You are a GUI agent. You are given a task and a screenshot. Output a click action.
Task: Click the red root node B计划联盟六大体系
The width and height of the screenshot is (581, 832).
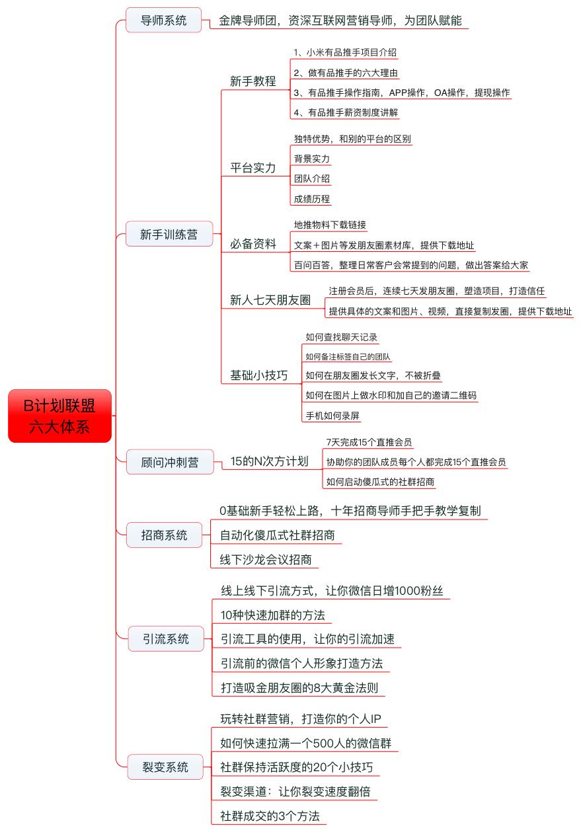click(x=59, y=416)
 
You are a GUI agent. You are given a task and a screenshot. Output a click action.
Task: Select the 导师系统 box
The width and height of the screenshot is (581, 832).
click(x=164, y=20)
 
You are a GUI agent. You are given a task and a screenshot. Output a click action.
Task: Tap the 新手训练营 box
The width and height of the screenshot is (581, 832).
click(x=169, y=234)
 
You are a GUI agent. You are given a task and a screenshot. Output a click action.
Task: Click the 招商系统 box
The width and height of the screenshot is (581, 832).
click(x=164, y=535)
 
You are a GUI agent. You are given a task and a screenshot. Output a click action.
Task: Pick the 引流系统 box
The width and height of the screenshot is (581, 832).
click(x=166, y=638)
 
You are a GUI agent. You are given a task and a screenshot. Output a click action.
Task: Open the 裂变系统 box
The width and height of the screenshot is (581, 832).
click(x=166, y=767)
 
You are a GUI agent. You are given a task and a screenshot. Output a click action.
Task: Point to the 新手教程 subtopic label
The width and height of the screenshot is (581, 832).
click(x=253, y=81)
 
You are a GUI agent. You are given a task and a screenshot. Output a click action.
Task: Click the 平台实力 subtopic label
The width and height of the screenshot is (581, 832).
click(x=253, y=167)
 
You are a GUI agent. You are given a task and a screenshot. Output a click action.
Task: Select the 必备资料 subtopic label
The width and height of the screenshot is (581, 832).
click(x=253, y=244)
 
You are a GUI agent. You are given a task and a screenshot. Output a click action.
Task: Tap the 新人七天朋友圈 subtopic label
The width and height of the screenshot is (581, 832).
click(x=270, y=300)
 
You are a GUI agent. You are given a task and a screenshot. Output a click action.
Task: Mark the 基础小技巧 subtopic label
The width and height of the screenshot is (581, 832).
click(x=258, y=375)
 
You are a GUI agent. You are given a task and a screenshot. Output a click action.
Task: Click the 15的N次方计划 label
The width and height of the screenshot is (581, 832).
click(x=269, y=461)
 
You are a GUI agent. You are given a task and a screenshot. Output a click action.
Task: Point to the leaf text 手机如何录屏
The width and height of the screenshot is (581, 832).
click(x=333, y=416)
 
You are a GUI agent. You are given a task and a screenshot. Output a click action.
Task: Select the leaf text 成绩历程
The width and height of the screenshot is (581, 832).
click(x=312, y=198)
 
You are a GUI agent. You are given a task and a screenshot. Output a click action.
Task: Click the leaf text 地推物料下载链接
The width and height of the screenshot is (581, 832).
click(x=330, y=225)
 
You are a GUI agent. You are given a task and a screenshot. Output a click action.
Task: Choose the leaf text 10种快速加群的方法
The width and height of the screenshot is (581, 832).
click(x=273, y=615)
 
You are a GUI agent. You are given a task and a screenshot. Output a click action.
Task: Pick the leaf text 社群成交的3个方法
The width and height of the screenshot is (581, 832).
click(x=270, y=815)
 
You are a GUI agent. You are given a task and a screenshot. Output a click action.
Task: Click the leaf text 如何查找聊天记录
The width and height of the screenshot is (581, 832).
click(x=341, y=337)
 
